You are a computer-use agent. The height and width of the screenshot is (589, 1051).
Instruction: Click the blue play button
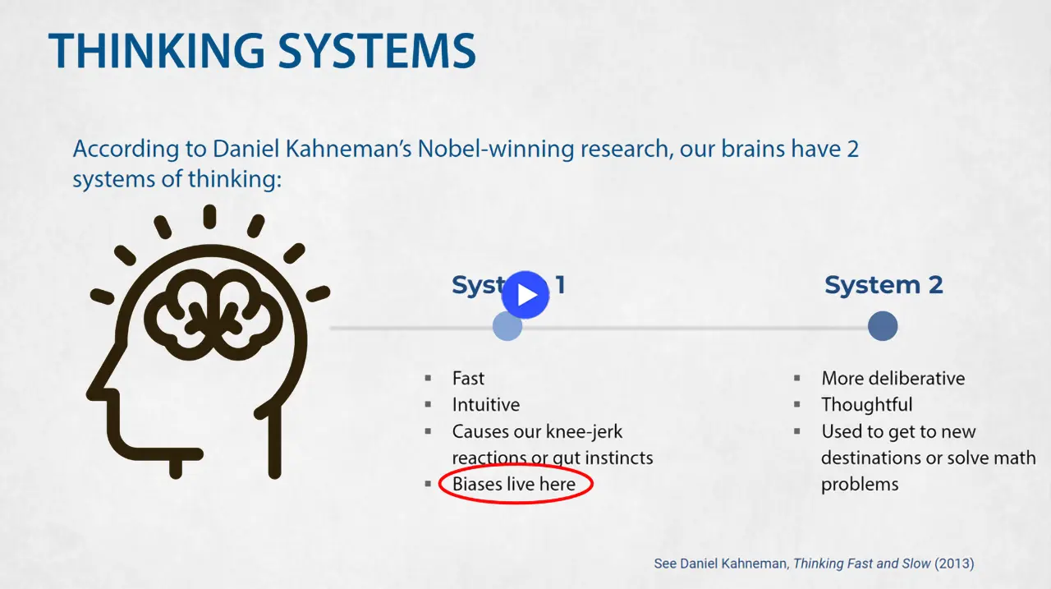coord(525,295)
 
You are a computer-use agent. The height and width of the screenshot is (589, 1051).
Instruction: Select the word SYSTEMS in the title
coord(377,51)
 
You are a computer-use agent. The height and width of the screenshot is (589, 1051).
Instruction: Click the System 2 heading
coord(883,286)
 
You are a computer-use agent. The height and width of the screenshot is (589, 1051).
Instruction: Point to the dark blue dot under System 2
coord(883,326)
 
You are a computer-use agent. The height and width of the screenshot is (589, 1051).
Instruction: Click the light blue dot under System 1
coord(507,326)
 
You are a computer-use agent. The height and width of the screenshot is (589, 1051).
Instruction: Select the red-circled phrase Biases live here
coord(514,485)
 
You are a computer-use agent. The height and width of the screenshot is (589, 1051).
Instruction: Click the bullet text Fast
coord(468,379)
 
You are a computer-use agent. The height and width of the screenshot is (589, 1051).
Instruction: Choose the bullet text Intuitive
coord(485,405)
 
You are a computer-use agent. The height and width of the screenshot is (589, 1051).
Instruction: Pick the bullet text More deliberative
coord(893,379)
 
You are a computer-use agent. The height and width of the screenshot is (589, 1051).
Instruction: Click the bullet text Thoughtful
coord(866,405)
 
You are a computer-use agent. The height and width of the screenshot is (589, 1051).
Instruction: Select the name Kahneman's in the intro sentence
coord(347,150)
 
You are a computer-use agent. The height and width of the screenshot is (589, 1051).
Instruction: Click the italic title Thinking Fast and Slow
coord(862,564)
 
